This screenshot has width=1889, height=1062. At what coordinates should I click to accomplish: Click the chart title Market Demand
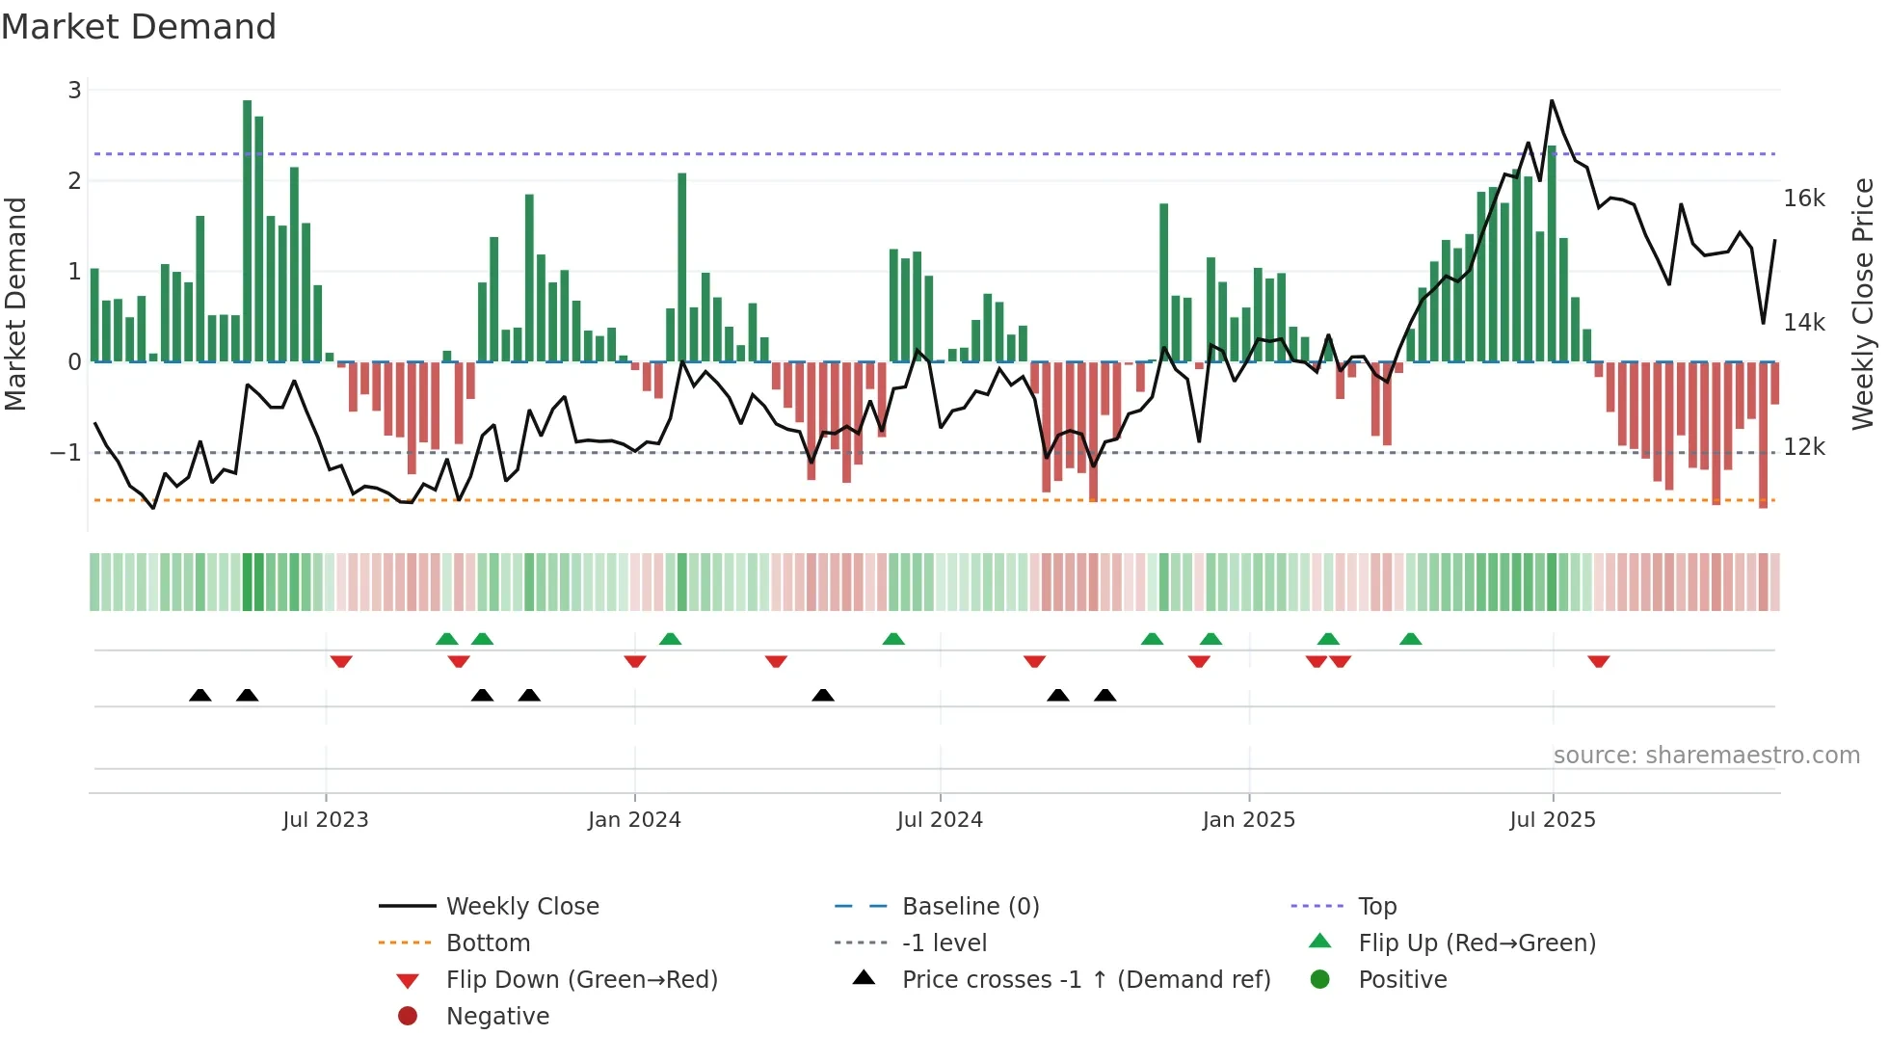click(x=139, y=26)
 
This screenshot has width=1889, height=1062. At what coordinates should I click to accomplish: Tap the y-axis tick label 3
click(x=74, y=91)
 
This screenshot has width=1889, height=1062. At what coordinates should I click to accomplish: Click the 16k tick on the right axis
click(x=1803, y=199)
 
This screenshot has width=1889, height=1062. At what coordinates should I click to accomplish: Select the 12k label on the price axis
click(x=1803, y=447)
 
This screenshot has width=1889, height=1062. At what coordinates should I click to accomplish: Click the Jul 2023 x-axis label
click(x=325, y=820)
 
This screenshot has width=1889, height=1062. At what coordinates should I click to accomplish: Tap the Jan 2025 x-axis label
click(x=1248, y=820)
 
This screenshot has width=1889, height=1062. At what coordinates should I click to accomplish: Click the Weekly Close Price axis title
click(x=1863, y=304)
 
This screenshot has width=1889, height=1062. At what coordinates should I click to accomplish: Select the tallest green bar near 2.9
click(x=248, y=231)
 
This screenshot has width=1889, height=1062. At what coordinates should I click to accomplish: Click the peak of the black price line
click(x=1552, y=101)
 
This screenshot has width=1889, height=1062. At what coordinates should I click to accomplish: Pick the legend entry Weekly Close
click(x=521, y=907)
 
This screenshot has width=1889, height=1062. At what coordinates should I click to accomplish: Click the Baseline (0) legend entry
click(x=970, y=907)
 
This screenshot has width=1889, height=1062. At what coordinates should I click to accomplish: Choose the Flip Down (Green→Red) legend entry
click(x=581, y=980)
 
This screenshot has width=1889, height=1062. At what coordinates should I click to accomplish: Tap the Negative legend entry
click(x=497, y=1017)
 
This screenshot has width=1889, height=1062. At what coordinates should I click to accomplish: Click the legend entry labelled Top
click(x=1377, y=907)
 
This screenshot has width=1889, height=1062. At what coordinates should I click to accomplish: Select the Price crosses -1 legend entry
click(x=1085, y=980)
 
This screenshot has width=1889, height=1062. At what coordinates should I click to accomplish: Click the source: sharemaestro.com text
click(x=1706, y=756)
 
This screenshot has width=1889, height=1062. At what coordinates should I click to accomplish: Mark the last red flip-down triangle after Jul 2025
click(x=1599, y=661)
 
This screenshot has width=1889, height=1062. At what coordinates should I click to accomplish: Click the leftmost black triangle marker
click(x=200, y=695)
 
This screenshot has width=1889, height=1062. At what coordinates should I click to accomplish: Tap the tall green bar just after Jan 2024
click(x=682, y=267)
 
